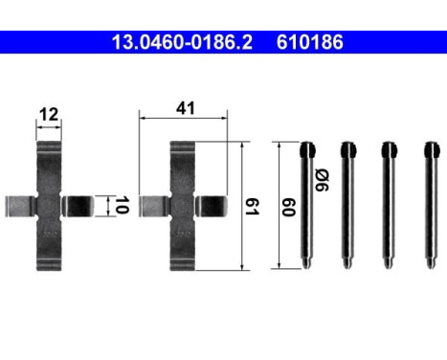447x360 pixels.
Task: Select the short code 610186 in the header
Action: [309, 42]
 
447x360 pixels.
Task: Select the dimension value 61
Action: [254, 205]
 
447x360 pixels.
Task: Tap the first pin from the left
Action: [306, 206]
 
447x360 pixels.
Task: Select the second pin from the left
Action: [347, 206]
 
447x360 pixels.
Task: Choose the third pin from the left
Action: [389, 206]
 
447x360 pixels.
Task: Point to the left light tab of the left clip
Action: [18, 205]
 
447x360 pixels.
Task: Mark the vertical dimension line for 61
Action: [242, 205]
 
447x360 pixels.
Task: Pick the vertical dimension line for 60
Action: [278, 206]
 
